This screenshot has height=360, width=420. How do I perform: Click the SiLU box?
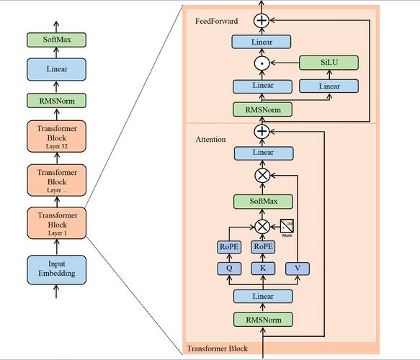tap(329, 63)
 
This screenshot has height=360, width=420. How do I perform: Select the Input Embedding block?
tap(57, 268)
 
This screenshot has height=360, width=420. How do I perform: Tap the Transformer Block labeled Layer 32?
tap(57, 136)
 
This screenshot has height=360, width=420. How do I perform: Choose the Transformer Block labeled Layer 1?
tap(57, 222)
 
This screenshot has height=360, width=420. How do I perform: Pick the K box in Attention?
tap(262, 269)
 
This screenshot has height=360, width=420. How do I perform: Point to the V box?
tap(297, 269)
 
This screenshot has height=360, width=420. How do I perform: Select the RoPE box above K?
tap(262, 247)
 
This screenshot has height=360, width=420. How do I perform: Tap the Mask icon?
tap(287, 227)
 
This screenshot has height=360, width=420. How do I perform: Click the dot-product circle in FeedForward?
tap(262, 64)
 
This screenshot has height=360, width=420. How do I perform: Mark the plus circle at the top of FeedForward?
tap(262, 21)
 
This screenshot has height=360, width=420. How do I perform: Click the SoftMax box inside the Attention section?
tap(262, 202)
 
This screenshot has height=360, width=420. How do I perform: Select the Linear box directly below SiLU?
tap(329, 86)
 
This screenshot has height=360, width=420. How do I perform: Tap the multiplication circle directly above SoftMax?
tap(262, 175)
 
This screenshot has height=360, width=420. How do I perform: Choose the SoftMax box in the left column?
tap(57, 40)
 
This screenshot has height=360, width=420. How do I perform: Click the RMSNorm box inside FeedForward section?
tap(262, 109)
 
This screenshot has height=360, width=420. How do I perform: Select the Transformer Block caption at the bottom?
tap(217, 349)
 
